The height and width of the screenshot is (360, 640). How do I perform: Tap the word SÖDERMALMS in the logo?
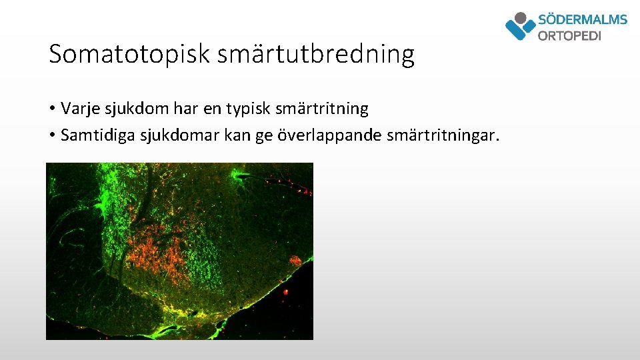tap(582, 19)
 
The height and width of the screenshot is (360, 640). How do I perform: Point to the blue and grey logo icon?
tap(521, 26)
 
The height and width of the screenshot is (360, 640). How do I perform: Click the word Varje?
tap(78, 108)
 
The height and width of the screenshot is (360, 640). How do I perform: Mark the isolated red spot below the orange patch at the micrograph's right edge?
tap(286, 291)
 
